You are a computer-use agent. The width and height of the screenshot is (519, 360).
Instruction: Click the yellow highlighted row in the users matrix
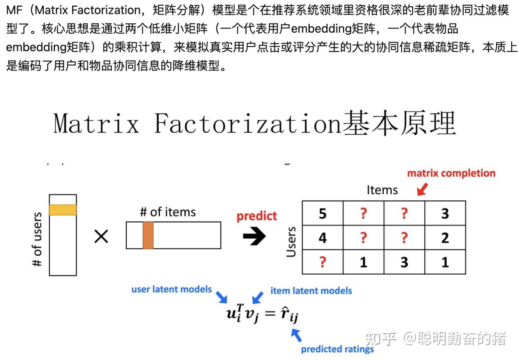coord(63,210)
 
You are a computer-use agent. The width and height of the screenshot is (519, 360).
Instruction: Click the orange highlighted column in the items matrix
coord(148,235)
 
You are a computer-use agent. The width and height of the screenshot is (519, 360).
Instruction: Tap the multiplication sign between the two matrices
coord(101,236)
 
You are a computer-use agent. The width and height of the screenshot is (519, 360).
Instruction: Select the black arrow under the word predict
coord(254,236)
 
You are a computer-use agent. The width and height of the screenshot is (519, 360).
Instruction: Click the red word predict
coord(257,216)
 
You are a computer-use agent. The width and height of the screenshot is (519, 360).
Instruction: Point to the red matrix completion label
coord(451,173)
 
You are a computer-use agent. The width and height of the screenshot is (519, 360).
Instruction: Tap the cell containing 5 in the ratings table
coord(323,213)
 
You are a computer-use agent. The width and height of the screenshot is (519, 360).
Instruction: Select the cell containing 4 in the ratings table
coord(323,238)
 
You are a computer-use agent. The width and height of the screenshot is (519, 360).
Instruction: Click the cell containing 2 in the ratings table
coord(445,238)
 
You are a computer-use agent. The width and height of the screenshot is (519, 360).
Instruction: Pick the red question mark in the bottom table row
coord(323,262)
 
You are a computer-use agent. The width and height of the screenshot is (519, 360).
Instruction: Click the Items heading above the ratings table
coord(382,190)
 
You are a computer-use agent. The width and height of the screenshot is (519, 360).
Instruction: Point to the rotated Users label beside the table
coord(291,242)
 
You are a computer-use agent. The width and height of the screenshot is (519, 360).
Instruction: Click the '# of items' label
coord(168,212)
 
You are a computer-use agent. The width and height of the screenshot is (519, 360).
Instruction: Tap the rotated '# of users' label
coord(37,239)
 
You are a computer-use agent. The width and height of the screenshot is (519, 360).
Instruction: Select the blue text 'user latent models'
coord(172,289)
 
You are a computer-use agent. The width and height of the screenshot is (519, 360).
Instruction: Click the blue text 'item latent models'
coord(311,291)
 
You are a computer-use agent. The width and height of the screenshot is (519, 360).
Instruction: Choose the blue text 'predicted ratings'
coord(337,349)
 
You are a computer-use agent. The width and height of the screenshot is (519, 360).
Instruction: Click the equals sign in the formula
coord(270,314)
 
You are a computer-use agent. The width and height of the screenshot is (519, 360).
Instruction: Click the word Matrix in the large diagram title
coord(96,123)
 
